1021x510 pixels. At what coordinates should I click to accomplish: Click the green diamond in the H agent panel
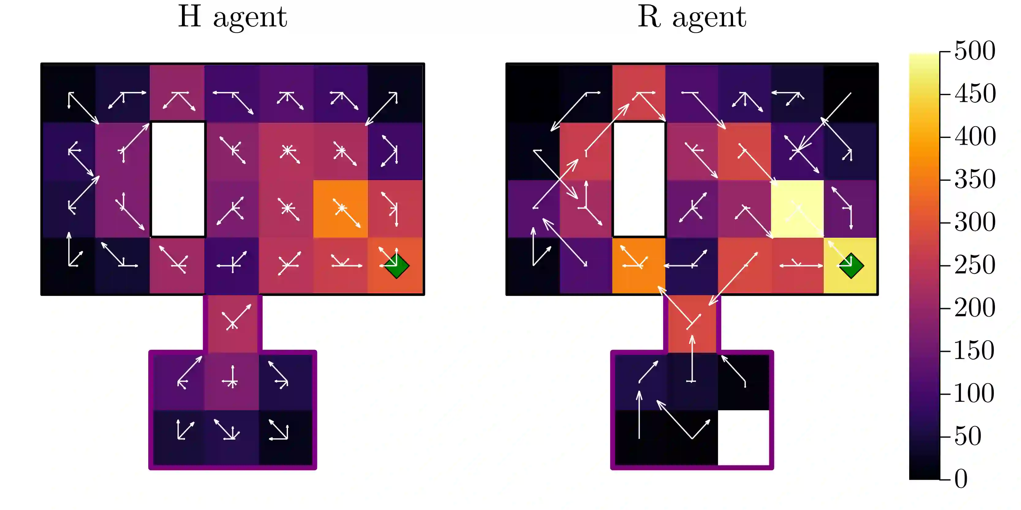click(396, 266)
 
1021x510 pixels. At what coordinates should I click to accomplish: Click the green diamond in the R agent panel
click(851, 266)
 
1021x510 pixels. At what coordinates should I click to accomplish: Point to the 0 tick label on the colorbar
click(961, 479)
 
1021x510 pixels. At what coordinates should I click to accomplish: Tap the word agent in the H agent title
click(250, 18)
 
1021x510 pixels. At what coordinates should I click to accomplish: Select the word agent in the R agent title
click(709, 18)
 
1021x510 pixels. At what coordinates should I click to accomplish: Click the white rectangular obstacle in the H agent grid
click(178, 179)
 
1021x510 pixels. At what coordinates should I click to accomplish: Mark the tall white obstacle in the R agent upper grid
click(639, 179)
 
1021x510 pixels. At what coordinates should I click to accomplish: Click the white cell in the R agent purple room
click(743, 437)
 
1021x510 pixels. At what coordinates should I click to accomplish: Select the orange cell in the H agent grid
click(340, 209)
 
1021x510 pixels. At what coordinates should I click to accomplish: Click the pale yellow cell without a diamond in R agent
click(797, 209)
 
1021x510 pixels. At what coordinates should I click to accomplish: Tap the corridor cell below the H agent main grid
click(233, 323)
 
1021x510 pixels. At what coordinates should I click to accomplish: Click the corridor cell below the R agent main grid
click(692, 323)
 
